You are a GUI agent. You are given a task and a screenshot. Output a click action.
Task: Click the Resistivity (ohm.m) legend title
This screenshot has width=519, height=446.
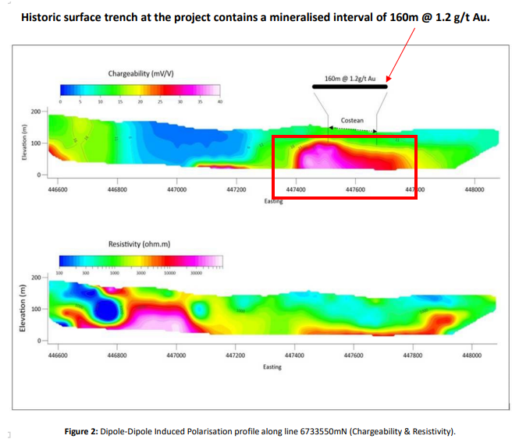point(138,244)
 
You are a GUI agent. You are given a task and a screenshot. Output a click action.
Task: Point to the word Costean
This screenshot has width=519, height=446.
point(352,121)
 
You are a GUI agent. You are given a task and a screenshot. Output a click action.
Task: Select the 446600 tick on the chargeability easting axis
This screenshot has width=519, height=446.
point(58,189)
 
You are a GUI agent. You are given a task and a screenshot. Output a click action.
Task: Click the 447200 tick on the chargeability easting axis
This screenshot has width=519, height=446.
point(235,189)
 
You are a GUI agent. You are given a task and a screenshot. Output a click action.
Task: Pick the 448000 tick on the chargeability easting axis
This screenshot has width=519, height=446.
point(472,189)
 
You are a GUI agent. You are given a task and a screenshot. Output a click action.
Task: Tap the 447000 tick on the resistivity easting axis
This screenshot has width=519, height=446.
point(176,355)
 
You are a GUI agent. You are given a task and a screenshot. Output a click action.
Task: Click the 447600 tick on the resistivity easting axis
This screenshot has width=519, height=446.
point(354,355)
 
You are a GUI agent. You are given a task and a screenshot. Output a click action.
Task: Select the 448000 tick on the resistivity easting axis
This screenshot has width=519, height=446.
point(472,355)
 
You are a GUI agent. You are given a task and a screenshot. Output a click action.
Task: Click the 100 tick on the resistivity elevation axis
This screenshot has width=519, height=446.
point(36,310)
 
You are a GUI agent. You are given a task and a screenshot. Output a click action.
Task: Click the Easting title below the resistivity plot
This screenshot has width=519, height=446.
point(272,366)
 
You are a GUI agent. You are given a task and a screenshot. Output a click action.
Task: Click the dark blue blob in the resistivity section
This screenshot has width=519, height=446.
point(105,310)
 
